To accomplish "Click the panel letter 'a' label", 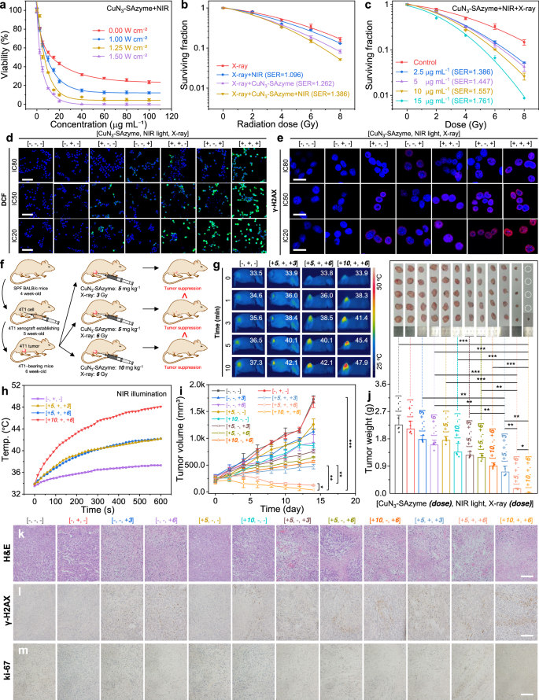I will [6, 6].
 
